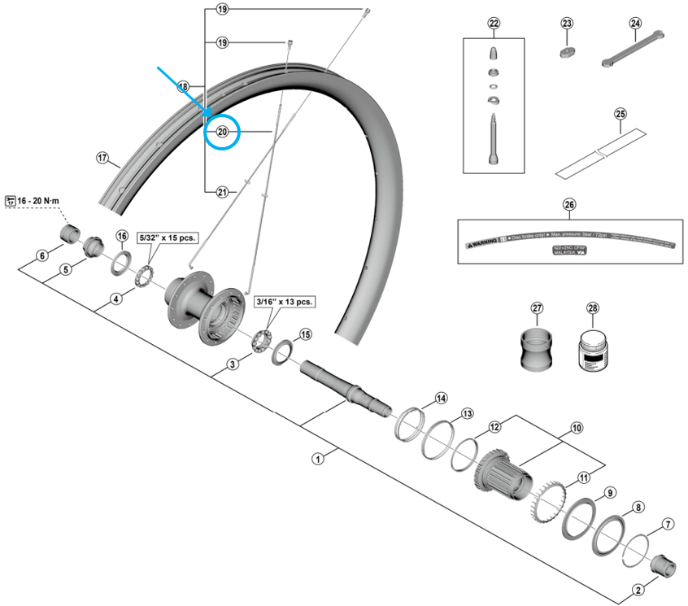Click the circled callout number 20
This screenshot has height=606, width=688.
tap(222, 132)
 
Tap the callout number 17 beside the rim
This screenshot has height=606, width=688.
tap(102, 158)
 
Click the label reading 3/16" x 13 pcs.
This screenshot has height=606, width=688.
tap(284, 301)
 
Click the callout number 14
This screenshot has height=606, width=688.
tap(441, 399)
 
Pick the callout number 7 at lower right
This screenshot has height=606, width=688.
tap(668, 524)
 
